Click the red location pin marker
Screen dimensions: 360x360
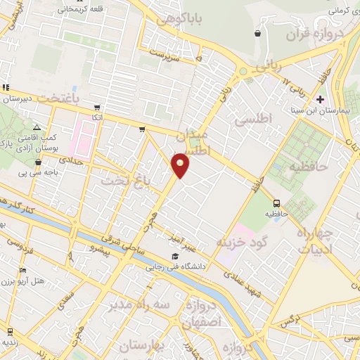pos(181,165)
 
